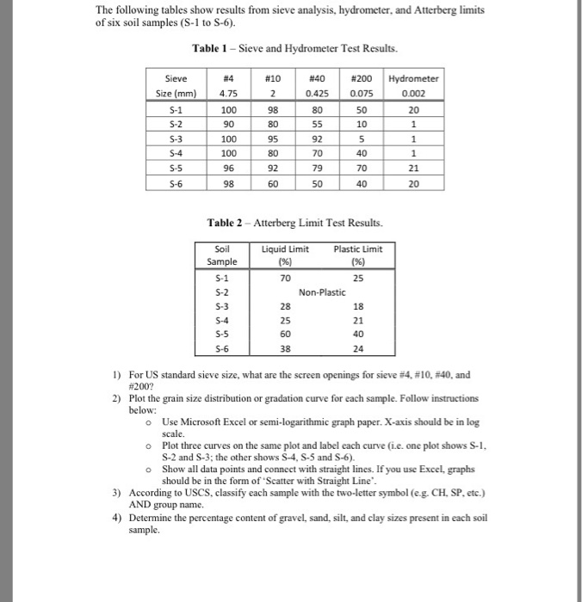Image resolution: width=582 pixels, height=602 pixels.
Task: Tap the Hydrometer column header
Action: [414, 78]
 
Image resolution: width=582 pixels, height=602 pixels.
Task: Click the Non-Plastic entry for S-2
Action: [321, 292]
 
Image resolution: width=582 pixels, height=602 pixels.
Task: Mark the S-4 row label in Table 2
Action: [222, 321]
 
